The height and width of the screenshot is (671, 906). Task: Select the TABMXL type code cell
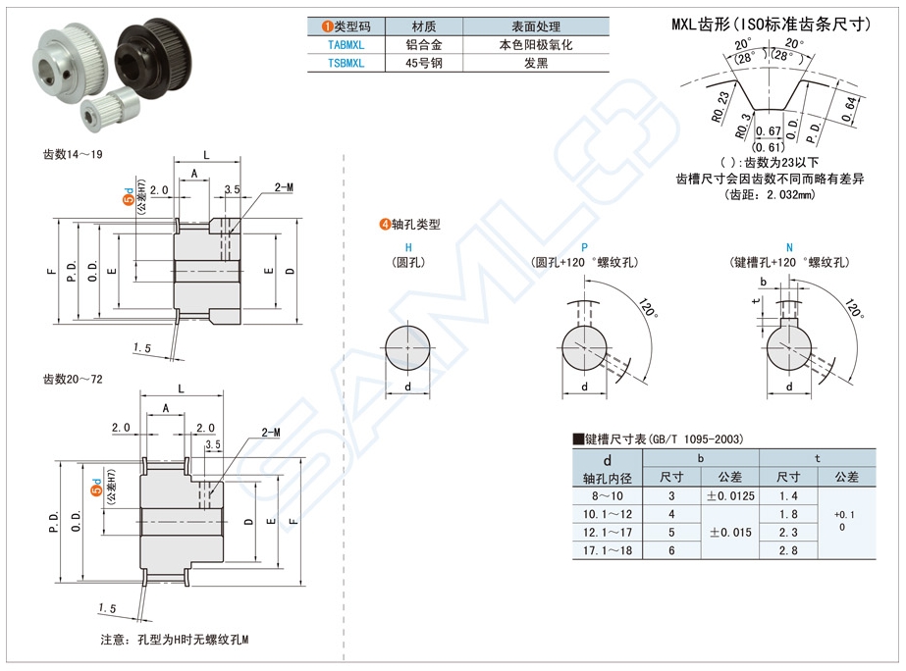click(345, 45)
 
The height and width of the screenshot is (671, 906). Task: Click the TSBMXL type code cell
click(345, 63)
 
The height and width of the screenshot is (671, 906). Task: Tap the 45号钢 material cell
click(425, 63)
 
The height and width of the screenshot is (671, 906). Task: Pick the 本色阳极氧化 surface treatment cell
click(536, 45)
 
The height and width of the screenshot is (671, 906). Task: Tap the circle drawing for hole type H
click(407, 347)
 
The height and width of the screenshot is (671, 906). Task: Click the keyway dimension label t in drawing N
click(754, 303)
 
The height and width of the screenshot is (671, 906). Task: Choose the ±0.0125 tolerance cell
click(730, 497)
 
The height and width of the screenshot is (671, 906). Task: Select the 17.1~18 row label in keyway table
click(608, 551)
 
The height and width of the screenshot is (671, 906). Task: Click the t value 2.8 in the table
click(788, 551)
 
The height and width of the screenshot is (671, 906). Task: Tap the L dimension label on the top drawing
click(206, 154)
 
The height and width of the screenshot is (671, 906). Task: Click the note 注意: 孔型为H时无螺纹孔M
click(175, 641)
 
